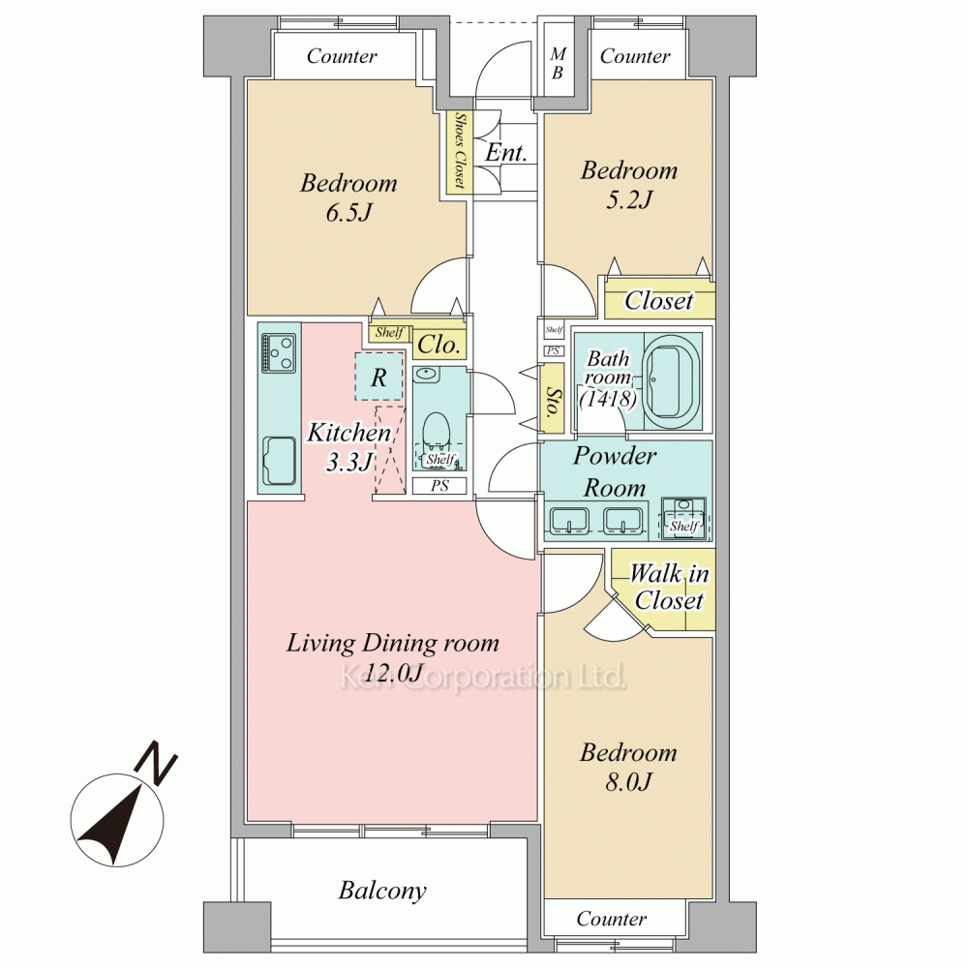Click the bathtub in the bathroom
tap(673, 380)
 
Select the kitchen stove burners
tap(279, 353)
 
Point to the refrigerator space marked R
tap(379, 377)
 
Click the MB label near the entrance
tap(558, 64)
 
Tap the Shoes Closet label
tap(459, 150)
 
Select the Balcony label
tap(382, 891)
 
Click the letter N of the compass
tap(156, 765)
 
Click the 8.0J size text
tap(628, 782)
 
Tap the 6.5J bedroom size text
tap(349, 213)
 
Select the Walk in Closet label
tap(669, 587)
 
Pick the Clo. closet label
tap(439, 345)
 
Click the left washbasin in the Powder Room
tap(569, 521)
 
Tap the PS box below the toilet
tap(439, 486)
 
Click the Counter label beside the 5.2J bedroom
tap(635, 56)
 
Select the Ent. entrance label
tap(505, 153)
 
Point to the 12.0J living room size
tap(393, 673)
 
